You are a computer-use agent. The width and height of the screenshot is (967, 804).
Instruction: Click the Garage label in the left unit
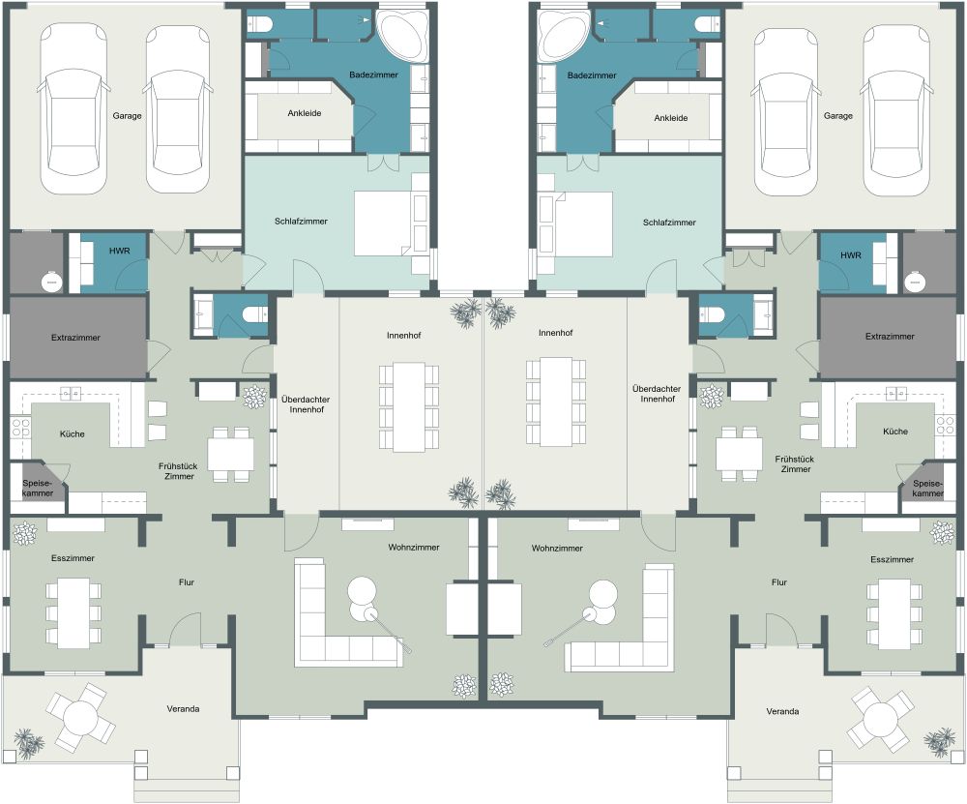pos(127,115)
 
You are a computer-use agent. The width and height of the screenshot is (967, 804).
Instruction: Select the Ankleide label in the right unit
pos(670,118)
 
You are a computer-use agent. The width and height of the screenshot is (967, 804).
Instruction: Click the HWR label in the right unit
pos(850,254)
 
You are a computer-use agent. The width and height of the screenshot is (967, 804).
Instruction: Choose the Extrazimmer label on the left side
pos(75,338)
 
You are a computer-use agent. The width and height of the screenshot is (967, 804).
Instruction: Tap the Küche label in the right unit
pos(894,432)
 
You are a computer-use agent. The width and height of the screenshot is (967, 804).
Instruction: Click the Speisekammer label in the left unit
pos(38,488)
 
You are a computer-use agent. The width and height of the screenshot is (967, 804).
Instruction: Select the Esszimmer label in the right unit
pos(892,559)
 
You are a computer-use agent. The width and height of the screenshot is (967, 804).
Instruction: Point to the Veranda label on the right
pos(782,711)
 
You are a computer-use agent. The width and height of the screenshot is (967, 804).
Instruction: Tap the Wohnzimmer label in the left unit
pos(414,548)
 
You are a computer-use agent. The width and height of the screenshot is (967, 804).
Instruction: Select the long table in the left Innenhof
pos(408,406)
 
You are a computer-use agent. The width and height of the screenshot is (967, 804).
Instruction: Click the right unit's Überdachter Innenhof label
pos(657,394)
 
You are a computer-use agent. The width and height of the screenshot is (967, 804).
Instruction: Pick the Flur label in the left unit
pos(187,581)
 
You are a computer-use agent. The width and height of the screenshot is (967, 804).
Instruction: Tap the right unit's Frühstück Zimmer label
pos(795,464)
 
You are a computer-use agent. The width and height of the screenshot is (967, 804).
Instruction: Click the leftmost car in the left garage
pos(69,108)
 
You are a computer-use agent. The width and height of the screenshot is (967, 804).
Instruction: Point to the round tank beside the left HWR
pos(51,282)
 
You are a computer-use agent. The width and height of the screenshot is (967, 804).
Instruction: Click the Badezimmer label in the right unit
pos(592,75)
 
